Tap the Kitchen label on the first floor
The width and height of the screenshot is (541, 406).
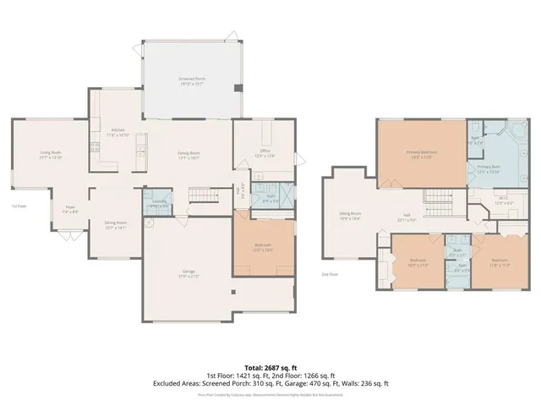point(117,133)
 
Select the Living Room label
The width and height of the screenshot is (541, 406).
point(52,155)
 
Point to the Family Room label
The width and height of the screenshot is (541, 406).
point(188,155)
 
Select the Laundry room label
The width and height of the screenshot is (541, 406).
point(158,202)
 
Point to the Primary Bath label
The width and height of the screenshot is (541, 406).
point(489,169)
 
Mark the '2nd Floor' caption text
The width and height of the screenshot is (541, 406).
point(331,274)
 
